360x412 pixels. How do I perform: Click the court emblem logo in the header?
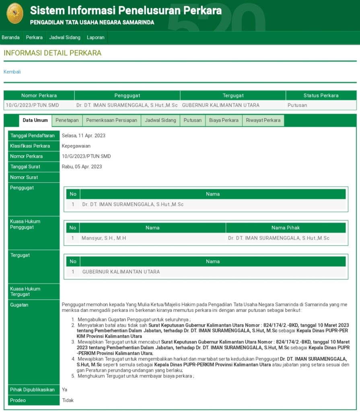point(15,13)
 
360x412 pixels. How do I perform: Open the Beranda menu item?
point(11,37)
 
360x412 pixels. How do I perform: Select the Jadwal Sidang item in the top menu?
point(65,37)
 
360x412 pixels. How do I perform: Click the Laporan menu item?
point(96,37)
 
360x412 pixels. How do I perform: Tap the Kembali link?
point(12,72)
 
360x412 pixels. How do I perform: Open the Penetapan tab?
point(67,120)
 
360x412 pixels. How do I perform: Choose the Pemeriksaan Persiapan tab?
point(112,120)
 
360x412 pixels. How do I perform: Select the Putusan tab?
point(193,120)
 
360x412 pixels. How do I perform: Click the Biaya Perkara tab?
point(224,120)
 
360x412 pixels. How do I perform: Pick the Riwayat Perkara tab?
point(263,120)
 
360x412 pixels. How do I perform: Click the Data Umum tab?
point(35,120)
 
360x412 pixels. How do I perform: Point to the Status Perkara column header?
point(321,95)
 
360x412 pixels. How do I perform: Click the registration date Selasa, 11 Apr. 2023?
point(84,136)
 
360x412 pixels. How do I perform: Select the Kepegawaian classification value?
point(76,146)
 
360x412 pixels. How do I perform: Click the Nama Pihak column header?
point(286,228)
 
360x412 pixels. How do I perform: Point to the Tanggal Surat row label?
point(25,167)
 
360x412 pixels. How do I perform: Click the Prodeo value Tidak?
point(68,400)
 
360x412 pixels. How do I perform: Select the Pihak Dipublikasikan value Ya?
point(64,389)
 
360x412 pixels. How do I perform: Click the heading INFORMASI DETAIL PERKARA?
point(53,53)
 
